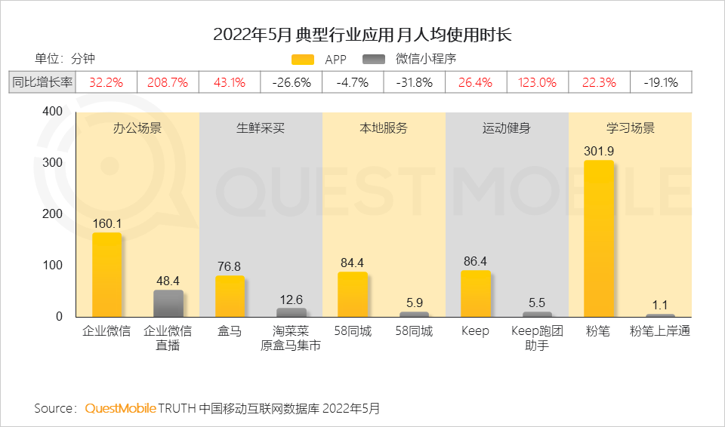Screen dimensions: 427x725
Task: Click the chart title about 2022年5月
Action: point(362,35)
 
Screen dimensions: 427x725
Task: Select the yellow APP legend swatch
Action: point(302,60)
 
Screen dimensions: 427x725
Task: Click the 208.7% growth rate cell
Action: point(168,82)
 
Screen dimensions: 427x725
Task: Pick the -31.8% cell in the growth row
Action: point(415,82)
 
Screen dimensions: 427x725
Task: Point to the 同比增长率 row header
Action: point(43,82)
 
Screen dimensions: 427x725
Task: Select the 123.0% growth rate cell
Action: point(537,82)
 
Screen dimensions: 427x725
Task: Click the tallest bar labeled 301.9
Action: point(599,238)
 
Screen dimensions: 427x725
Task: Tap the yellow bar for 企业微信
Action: point(106,275)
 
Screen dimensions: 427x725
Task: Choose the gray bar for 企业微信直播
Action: point(168,303)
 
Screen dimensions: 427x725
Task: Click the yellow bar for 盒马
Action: point(230,296)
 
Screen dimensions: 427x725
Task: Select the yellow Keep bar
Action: point(475,294)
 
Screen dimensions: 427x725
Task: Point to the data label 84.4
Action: point(352,263)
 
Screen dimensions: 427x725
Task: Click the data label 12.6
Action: point(291,300)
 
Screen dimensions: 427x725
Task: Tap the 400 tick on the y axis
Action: point(52,111)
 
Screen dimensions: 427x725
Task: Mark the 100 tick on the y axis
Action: point(52,266)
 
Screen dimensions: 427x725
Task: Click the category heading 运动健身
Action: point(506,128)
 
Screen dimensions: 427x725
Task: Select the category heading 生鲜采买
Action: point(261,128)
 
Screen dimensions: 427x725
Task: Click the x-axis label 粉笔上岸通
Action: point(660,331)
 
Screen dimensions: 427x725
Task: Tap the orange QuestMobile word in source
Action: point(120,408)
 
